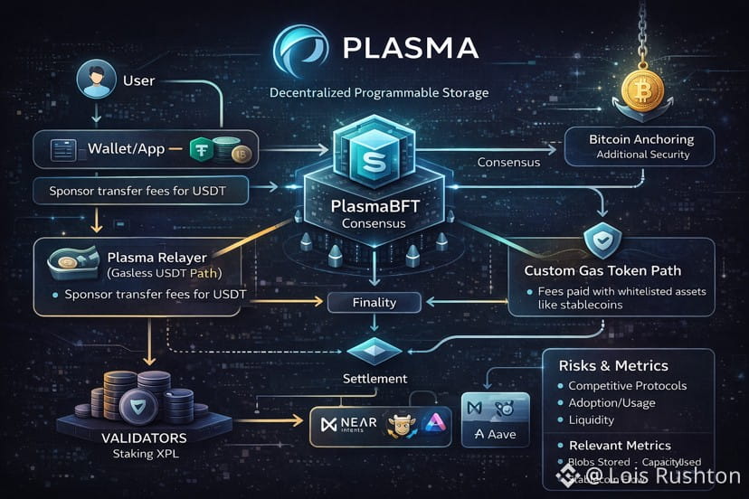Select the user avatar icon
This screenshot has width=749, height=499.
pos(93,80)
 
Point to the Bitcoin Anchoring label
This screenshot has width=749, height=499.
pos(641,139)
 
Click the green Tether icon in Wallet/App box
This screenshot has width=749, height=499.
pos(201,149)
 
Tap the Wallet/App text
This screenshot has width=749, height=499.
pos(126,149)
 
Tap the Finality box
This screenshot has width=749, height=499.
pos(374,303)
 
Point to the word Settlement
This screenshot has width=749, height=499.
pos(374,378)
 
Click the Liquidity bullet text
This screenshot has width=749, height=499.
pos(592,419)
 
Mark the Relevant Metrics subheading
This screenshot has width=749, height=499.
pos(620,445)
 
